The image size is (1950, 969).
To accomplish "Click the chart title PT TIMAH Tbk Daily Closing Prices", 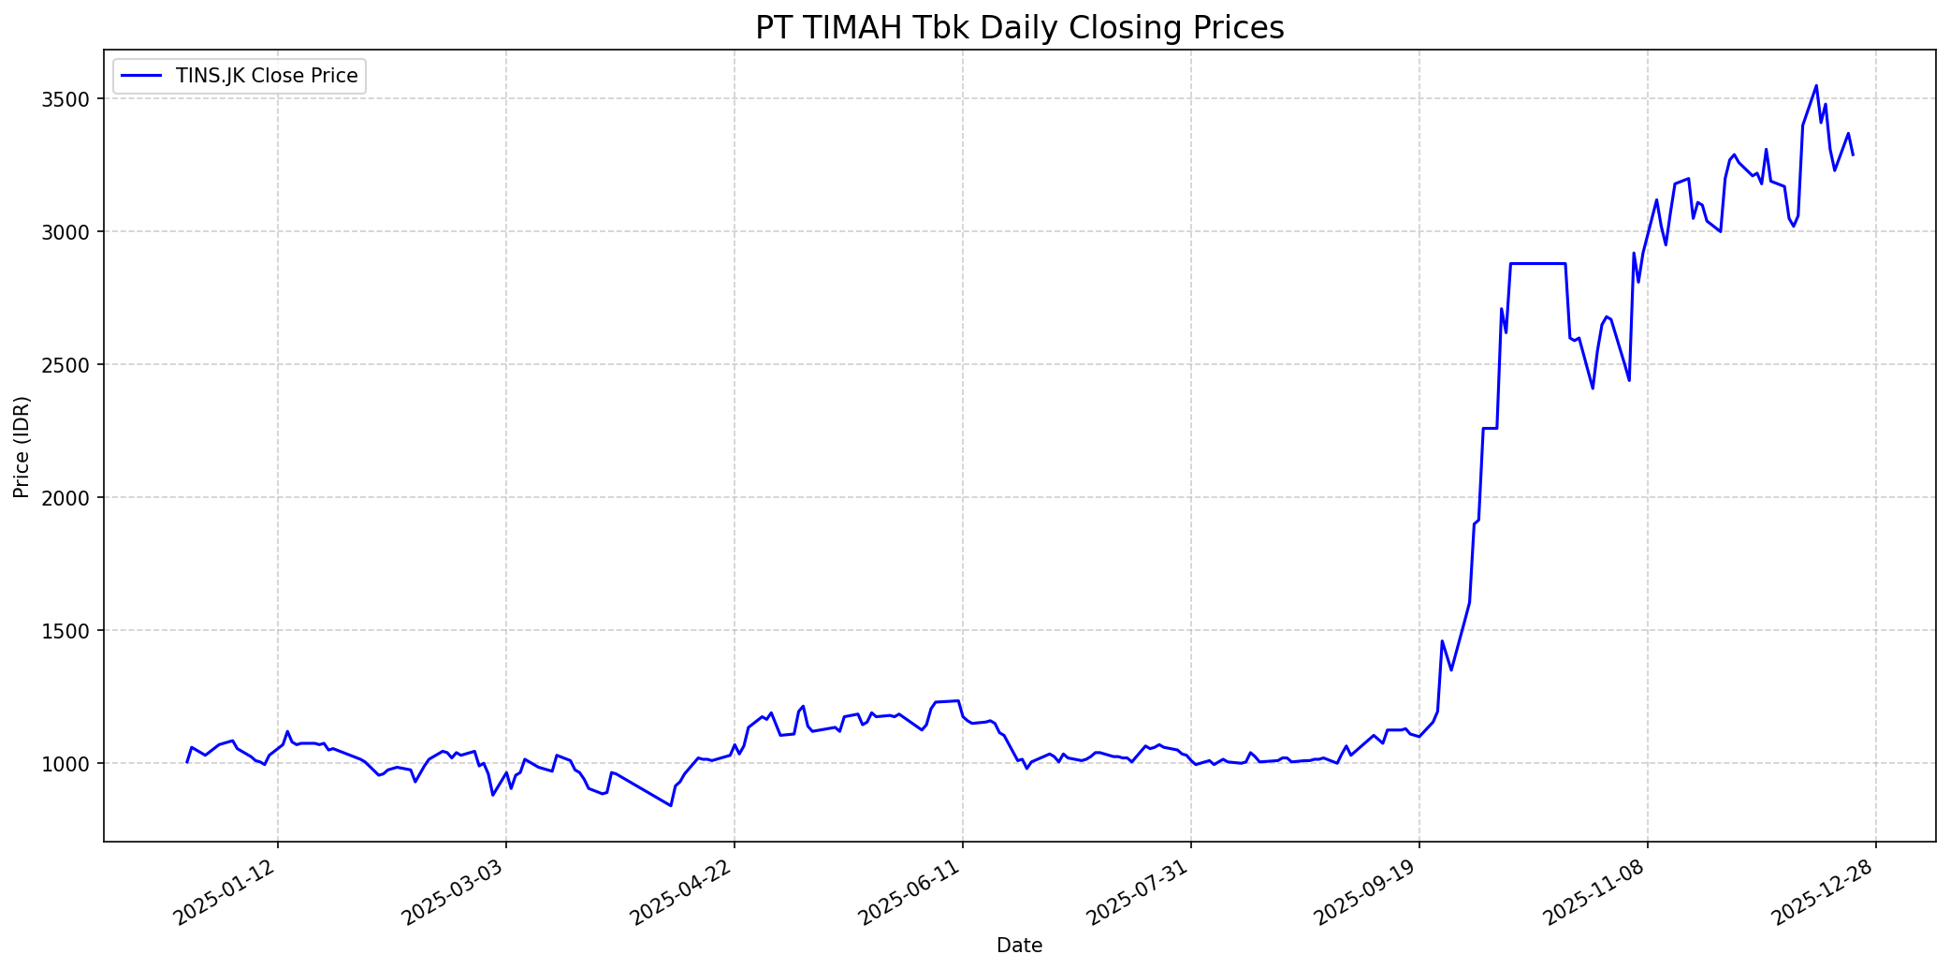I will click(1019, 28).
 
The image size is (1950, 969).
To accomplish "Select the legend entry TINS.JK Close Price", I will click(266, 76).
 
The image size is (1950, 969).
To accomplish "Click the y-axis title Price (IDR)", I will click(22, 447).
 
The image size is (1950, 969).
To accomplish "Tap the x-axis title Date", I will click(1019, 946).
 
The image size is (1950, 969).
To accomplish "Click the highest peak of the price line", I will click(1816, 85).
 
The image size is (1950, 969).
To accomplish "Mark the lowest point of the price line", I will click(670, 805).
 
